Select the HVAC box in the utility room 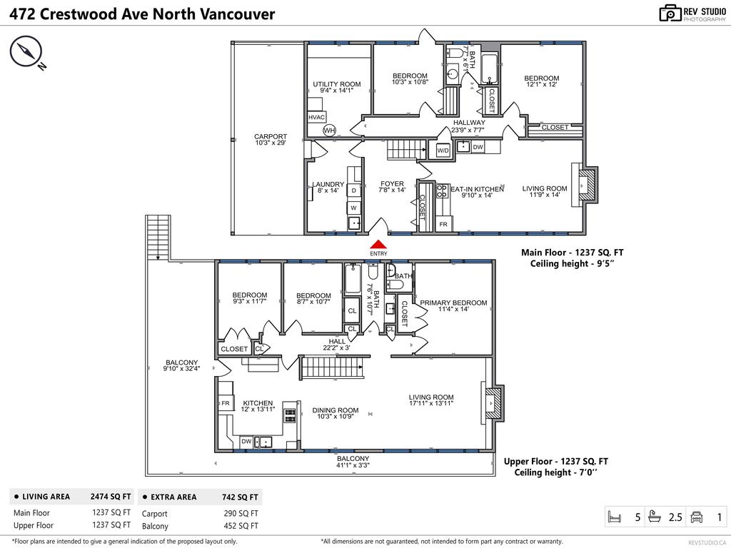pos(317,117)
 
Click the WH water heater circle pos(329,131)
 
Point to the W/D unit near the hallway pos(443,150)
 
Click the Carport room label pos(271,140)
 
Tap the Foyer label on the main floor pos(392,187)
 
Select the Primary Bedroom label pos(453,306)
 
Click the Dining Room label pos(335,413)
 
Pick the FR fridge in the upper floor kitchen pos(225,404)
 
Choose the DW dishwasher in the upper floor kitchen pos(246,442)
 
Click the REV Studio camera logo pos(670,13)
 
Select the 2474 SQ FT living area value pos(111,497)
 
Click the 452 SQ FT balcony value pos(244,526)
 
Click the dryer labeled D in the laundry pos(353,191)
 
